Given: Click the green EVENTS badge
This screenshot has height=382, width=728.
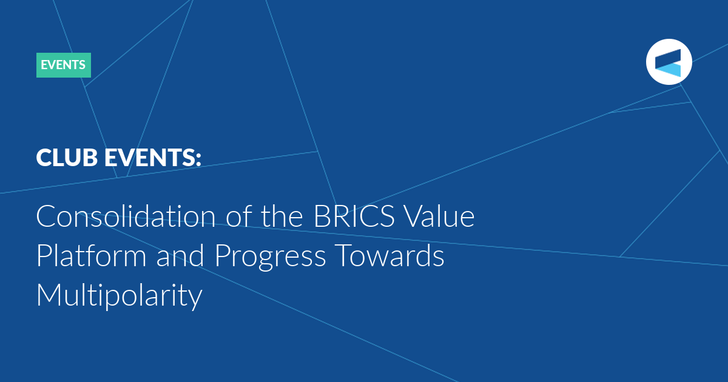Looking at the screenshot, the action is (64, 65).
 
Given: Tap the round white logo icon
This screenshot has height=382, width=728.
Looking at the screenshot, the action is (669, 62).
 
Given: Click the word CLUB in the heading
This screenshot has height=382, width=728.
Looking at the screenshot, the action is (67, 158).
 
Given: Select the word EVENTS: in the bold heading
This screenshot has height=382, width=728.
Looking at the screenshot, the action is (153, 158).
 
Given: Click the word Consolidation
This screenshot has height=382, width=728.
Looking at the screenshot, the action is (126, 216).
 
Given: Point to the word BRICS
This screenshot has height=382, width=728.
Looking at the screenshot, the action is (354, 216).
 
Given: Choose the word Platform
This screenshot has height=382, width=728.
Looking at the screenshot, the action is (92, 255).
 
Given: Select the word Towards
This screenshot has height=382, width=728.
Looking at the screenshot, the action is (389, 255).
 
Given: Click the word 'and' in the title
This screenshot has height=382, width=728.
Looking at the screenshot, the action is (180, 255).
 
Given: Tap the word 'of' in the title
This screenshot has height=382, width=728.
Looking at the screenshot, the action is (239, 216).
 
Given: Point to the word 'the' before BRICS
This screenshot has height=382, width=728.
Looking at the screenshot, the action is (282, 216).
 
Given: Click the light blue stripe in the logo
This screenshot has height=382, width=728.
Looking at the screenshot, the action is (668, 70).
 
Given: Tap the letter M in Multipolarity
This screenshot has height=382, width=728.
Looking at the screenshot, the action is (49, 295).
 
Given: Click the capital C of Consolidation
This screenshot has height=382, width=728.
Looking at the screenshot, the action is (47, 216).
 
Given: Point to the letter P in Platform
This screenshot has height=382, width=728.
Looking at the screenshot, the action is (44, 255).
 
